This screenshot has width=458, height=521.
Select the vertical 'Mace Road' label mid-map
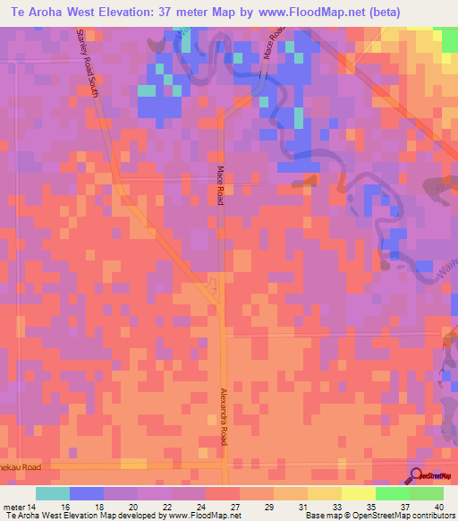click(219, 186)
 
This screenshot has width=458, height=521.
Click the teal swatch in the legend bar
click(53, 493)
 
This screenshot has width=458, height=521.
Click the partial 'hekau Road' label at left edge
click(21, 466)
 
